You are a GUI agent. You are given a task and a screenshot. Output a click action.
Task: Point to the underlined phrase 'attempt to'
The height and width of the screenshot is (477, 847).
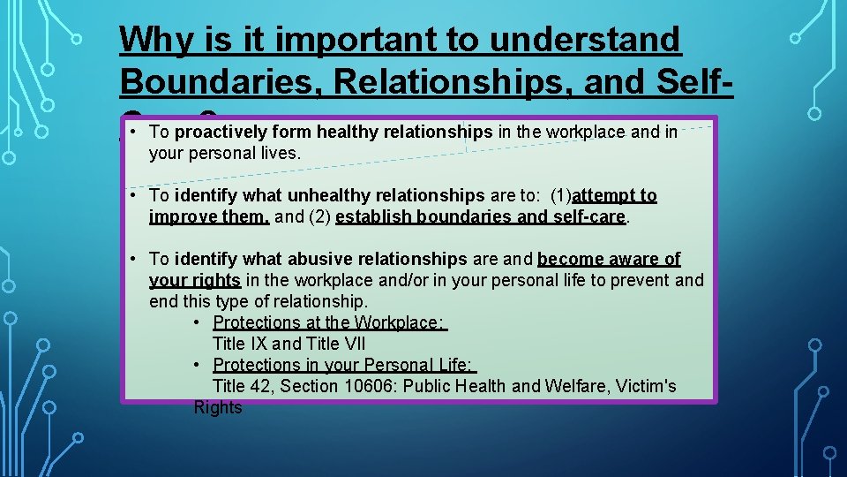[614, 195]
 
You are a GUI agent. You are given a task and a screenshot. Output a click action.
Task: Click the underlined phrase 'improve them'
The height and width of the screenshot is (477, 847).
[209, 216]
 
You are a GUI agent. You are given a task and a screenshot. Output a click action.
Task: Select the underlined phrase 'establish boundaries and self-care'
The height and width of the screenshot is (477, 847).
[481, 216]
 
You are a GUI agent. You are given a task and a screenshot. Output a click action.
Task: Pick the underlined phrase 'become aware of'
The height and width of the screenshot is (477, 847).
[609, 259]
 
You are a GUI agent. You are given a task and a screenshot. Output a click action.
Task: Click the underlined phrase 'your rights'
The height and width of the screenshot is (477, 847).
[195, 280]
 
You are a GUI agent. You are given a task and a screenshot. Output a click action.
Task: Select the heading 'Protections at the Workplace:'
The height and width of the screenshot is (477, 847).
[330, 322]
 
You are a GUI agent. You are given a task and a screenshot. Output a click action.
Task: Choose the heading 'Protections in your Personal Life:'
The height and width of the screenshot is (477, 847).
[344, 365]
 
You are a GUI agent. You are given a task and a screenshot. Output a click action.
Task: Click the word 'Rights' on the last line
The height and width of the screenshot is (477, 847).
[218, 407]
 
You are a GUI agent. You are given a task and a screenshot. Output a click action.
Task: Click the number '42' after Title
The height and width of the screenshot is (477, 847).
[264, 386]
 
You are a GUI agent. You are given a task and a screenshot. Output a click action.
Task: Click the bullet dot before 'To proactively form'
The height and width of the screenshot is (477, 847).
[131, 132]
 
